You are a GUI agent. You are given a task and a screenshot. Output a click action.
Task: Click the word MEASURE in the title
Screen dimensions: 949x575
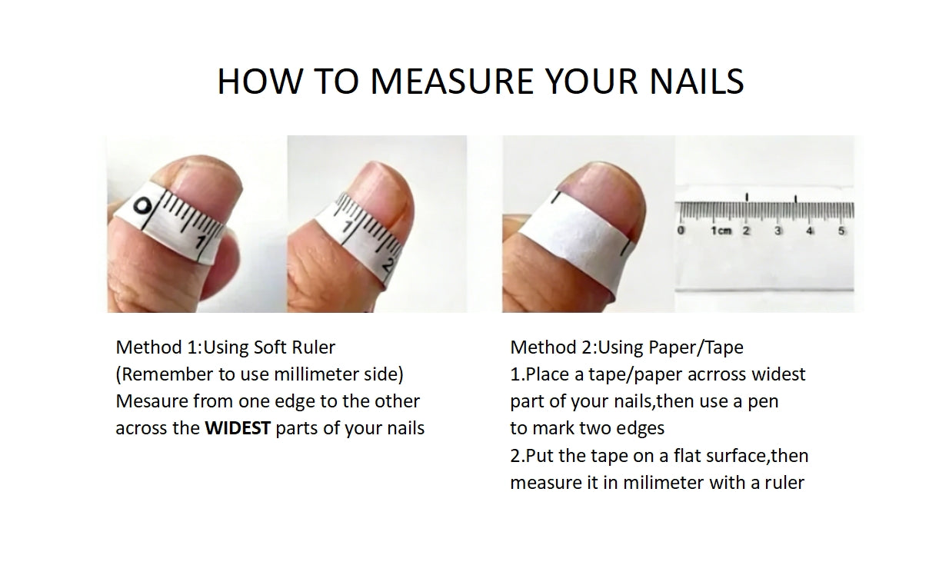click(451, 81)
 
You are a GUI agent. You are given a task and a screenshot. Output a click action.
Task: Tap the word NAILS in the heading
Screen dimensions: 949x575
click(697, 81)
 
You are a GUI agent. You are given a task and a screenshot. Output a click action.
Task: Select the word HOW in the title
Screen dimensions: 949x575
click(260, 81)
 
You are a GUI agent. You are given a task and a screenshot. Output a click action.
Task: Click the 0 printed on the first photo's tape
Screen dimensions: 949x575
click(142, 206)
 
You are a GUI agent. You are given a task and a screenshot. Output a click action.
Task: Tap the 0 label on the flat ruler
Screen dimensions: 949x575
click(681, 231)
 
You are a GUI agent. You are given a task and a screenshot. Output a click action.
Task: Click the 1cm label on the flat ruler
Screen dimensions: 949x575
click(721, 231)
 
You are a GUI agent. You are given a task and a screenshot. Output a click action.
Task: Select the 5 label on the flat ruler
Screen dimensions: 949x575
click(841, 231)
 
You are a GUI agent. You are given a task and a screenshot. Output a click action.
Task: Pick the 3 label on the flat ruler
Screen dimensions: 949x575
click(778, 231)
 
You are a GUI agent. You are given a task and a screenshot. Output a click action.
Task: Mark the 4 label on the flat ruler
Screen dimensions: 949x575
click(809, 231)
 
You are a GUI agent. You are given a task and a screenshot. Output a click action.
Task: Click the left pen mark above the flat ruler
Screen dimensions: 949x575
click(747, 197)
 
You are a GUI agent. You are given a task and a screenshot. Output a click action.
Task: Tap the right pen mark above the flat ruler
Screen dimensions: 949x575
click(796, 198)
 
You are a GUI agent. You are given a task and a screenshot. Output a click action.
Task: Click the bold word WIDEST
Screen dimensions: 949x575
click(238, 428)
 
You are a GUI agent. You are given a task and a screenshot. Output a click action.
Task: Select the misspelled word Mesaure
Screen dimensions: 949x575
click(152, 401)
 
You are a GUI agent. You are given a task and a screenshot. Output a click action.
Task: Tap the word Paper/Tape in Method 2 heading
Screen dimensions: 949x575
click(696, 347)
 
